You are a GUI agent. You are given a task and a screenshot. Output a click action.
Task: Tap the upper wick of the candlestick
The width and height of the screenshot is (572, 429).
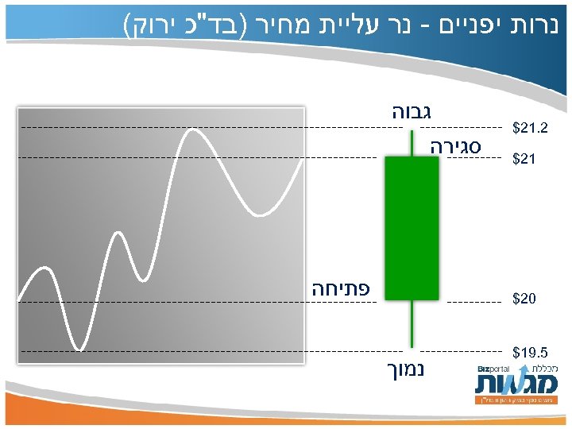click(x=412, y=143)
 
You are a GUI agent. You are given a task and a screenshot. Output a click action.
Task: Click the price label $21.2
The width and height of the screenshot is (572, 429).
click(x=530, y=128)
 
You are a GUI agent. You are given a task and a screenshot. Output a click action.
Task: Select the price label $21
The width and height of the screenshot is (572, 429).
click(x=524, y=160)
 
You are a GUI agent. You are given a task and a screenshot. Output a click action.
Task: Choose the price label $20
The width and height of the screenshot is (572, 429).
click(x=524, y=300)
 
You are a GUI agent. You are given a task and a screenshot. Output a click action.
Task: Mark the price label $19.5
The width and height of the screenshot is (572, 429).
click(x=530, y=351)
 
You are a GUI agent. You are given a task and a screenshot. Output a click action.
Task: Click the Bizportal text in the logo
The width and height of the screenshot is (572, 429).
click(x=493, y=369)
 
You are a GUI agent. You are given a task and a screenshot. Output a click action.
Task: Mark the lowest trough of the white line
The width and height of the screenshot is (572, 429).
click(x=79, y=347)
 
